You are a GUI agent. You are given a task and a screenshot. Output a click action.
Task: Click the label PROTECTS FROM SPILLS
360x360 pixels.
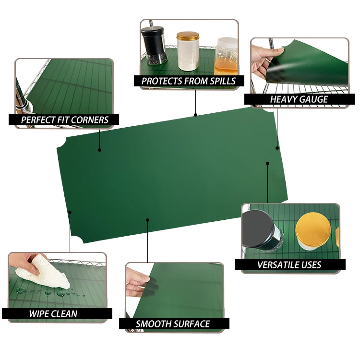(189, 81)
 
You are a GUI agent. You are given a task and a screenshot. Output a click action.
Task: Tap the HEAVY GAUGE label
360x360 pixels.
(299, 99)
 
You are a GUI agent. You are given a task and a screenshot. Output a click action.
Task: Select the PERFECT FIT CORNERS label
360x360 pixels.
(65, 120)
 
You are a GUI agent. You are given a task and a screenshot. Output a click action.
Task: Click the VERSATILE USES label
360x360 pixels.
(289, 264)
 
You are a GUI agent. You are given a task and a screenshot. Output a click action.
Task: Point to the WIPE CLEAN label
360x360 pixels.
(53, 314)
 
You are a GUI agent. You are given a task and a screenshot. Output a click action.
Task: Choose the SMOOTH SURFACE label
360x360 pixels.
(173, 324)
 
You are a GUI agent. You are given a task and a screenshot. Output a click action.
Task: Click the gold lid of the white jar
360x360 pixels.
(188, 36)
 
